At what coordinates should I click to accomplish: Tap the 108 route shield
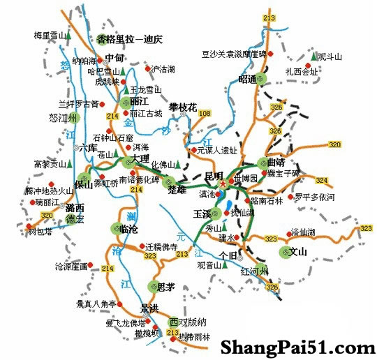point(205,113)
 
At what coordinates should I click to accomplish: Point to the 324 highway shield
point(320,181)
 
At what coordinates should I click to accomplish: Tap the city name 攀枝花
point(184,107)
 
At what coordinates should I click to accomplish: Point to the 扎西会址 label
point(302,71)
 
